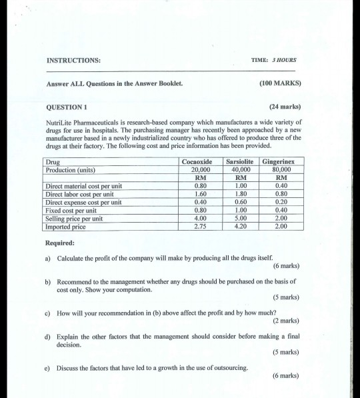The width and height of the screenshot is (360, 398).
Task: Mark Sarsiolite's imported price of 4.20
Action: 239,227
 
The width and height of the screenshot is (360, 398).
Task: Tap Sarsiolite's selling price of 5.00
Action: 239,219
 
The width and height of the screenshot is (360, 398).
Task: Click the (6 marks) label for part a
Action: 283,265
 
